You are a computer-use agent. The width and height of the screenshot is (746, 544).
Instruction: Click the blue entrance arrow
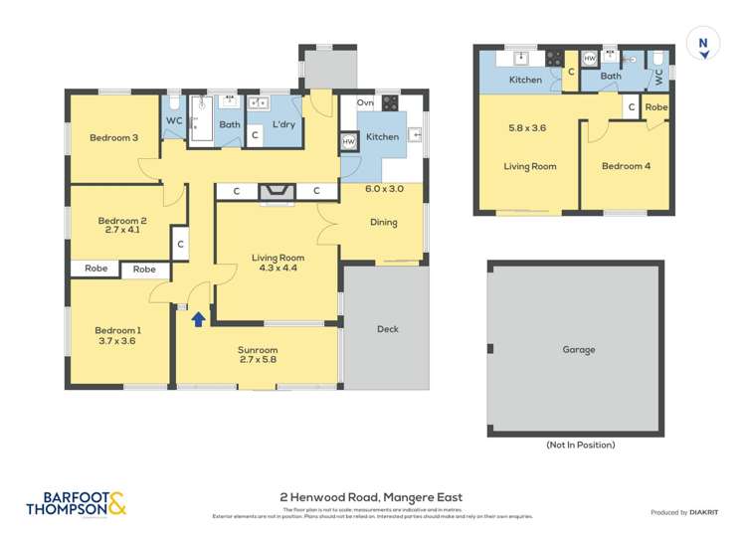(198, 319)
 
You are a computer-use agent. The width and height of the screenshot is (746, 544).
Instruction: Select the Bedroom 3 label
(113, 138)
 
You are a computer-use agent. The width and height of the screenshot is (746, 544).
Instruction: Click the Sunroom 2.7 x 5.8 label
(257, 356)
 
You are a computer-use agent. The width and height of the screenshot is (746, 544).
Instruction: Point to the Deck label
(387, 329)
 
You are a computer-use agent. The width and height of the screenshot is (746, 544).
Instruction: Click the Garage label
(578, 349)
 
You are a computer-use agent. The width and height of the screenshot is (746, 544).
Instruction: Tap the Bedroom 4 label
(626, 166)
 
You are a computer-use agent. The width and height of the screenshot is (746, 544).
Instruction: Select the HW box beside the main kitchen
(348, 142)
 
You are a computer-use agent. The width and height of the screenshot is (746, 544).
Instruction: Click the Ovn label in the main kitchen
(365, 103)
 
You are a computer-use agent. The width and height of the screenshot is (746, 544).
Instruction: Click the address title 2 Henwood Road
(371, 497)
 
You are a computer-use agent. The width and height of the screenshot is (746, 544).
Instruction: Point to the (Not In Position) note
(580, 445)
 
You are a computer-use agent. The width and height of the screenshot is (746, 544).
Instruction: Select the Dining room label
(383, 223)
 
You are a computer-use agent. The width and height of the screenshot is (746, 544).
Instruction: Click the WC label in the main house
(174, 121)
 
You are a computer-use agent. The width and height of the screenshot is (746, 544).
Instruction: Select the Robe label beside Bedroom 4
(656, 106)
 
